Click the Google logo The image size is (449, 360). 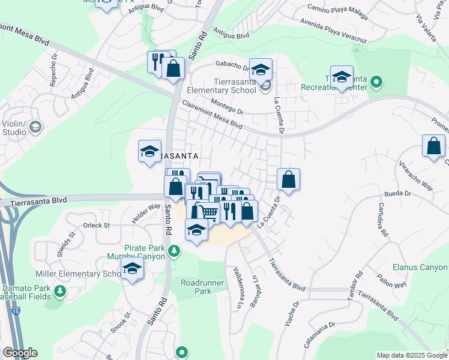(20, 353)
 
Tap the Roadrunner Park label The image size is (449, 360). (196, 286)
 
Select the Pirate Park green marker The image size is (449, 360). (174, 251)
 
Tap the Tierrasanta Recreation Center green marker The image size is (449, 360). (376, 81)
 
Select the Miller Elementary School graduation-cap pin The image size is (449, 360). (133, 269)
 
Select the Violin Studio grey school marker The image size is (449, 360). (35, 127)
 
